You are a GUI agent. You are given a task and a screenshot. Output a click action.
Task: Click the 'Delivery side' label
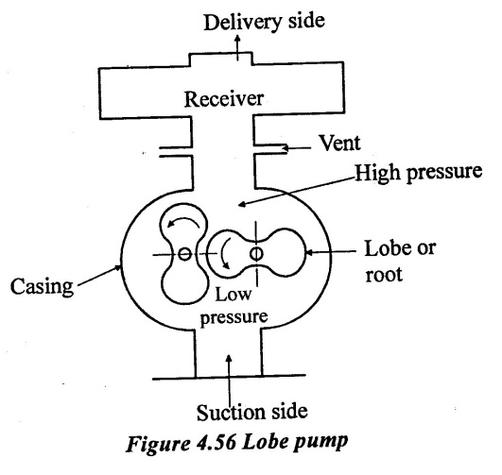pyautogui.click(x=264, y=22)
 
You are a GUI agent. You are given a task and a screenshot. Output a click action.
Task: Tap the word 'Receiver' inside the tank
pyautogui.click(x=224, y=99)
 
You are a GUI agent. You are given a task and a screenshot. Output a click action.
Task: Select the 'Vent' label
pyautogui.click(x=340, y=143)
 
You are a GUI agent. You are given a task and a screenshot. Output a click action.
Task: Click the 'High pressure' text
pyautogui.click(x=419, y=172)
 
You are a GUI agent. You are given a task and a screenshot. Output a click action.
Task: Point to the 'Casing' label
pyautogui.click(x=42, y=286)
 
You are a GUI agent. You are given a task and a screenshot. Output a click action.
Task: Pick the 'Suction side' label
pyautogui.click(x=252, y=412)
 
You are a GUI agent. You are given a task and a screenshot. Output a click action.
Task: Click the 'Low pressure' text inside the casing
pyautogui.click(x=234, y=306)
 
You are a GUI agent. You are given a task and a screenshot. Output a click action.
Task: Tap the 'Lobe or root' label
pyautogui.click(x=400, y=261)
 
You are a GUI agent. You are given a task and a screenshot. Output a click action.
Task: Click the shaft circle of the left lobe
pyautogui.click(x=184, y=254)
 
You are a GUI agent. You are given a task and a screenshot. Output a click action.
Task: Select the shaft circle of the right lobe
pyautogui.click(x=256, y=254)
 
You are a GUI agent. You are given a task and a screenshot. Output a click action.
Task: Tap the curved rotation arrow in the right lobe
pyautogui.click(x=224, y=254)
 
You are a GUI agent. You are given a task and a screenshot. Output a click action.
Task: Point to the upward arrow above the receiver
pyautogui.click(x=237, y=47)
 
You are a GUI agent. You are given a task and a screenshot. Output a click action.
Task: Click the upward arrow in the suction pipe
pyautogui.click(x=229, y=381)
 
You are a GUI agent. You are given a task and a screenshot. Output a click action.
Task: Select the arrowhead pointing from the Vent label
pyautogui.click(x=285, y=148)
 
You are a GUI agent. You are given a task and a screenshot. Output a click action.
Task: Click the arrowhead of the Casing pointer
pyautogui.click(x=118, y=267)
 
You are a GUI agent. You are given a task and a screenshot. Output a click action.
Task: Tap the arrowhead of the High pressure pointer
pyautogui.click(x=242, y=204)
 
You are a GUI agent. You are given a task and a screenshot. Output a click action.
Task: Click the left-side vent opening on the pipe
pyautogui.click(x=176, y=152)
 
